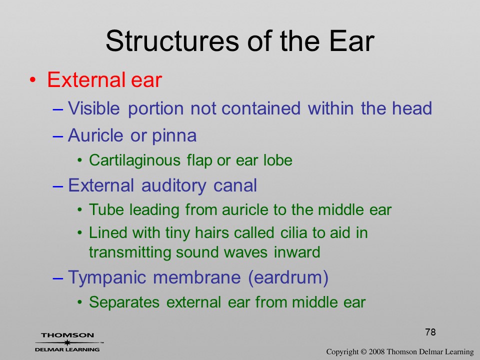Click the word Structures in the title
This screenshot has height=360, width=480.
(172, 40)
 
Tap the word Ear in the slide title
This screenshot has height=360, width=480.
(352, 40)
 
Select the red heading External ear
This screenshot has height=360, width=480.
(104, 79)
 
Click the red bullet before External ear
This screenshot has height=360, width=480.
(33, 80)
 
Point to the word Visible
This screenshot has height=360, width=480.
(93, 108)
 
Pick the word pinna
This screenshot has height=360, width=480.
(174, 135)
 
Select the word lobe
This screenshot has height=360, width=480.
(278, 160)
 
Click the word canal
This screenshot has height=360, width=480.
(235, 185)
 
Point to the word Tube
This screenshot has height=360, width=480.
(106, 209)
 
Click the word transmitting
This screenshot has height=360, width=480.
(130, 252)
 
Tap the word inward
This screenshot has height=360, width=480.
(297, 252)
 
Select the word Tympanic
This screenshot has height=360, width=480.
(107, 277)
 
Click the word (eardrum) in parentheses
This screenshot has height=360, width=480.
(288, 277)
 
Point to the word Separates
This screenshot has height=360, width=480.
(124, 302)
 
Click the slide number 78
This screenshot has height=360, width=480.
(430, 332)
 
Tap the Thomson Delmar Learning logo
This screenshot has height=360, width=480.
(67, 342)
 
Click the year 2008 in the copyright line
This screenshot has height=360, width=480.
(376, 351)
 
